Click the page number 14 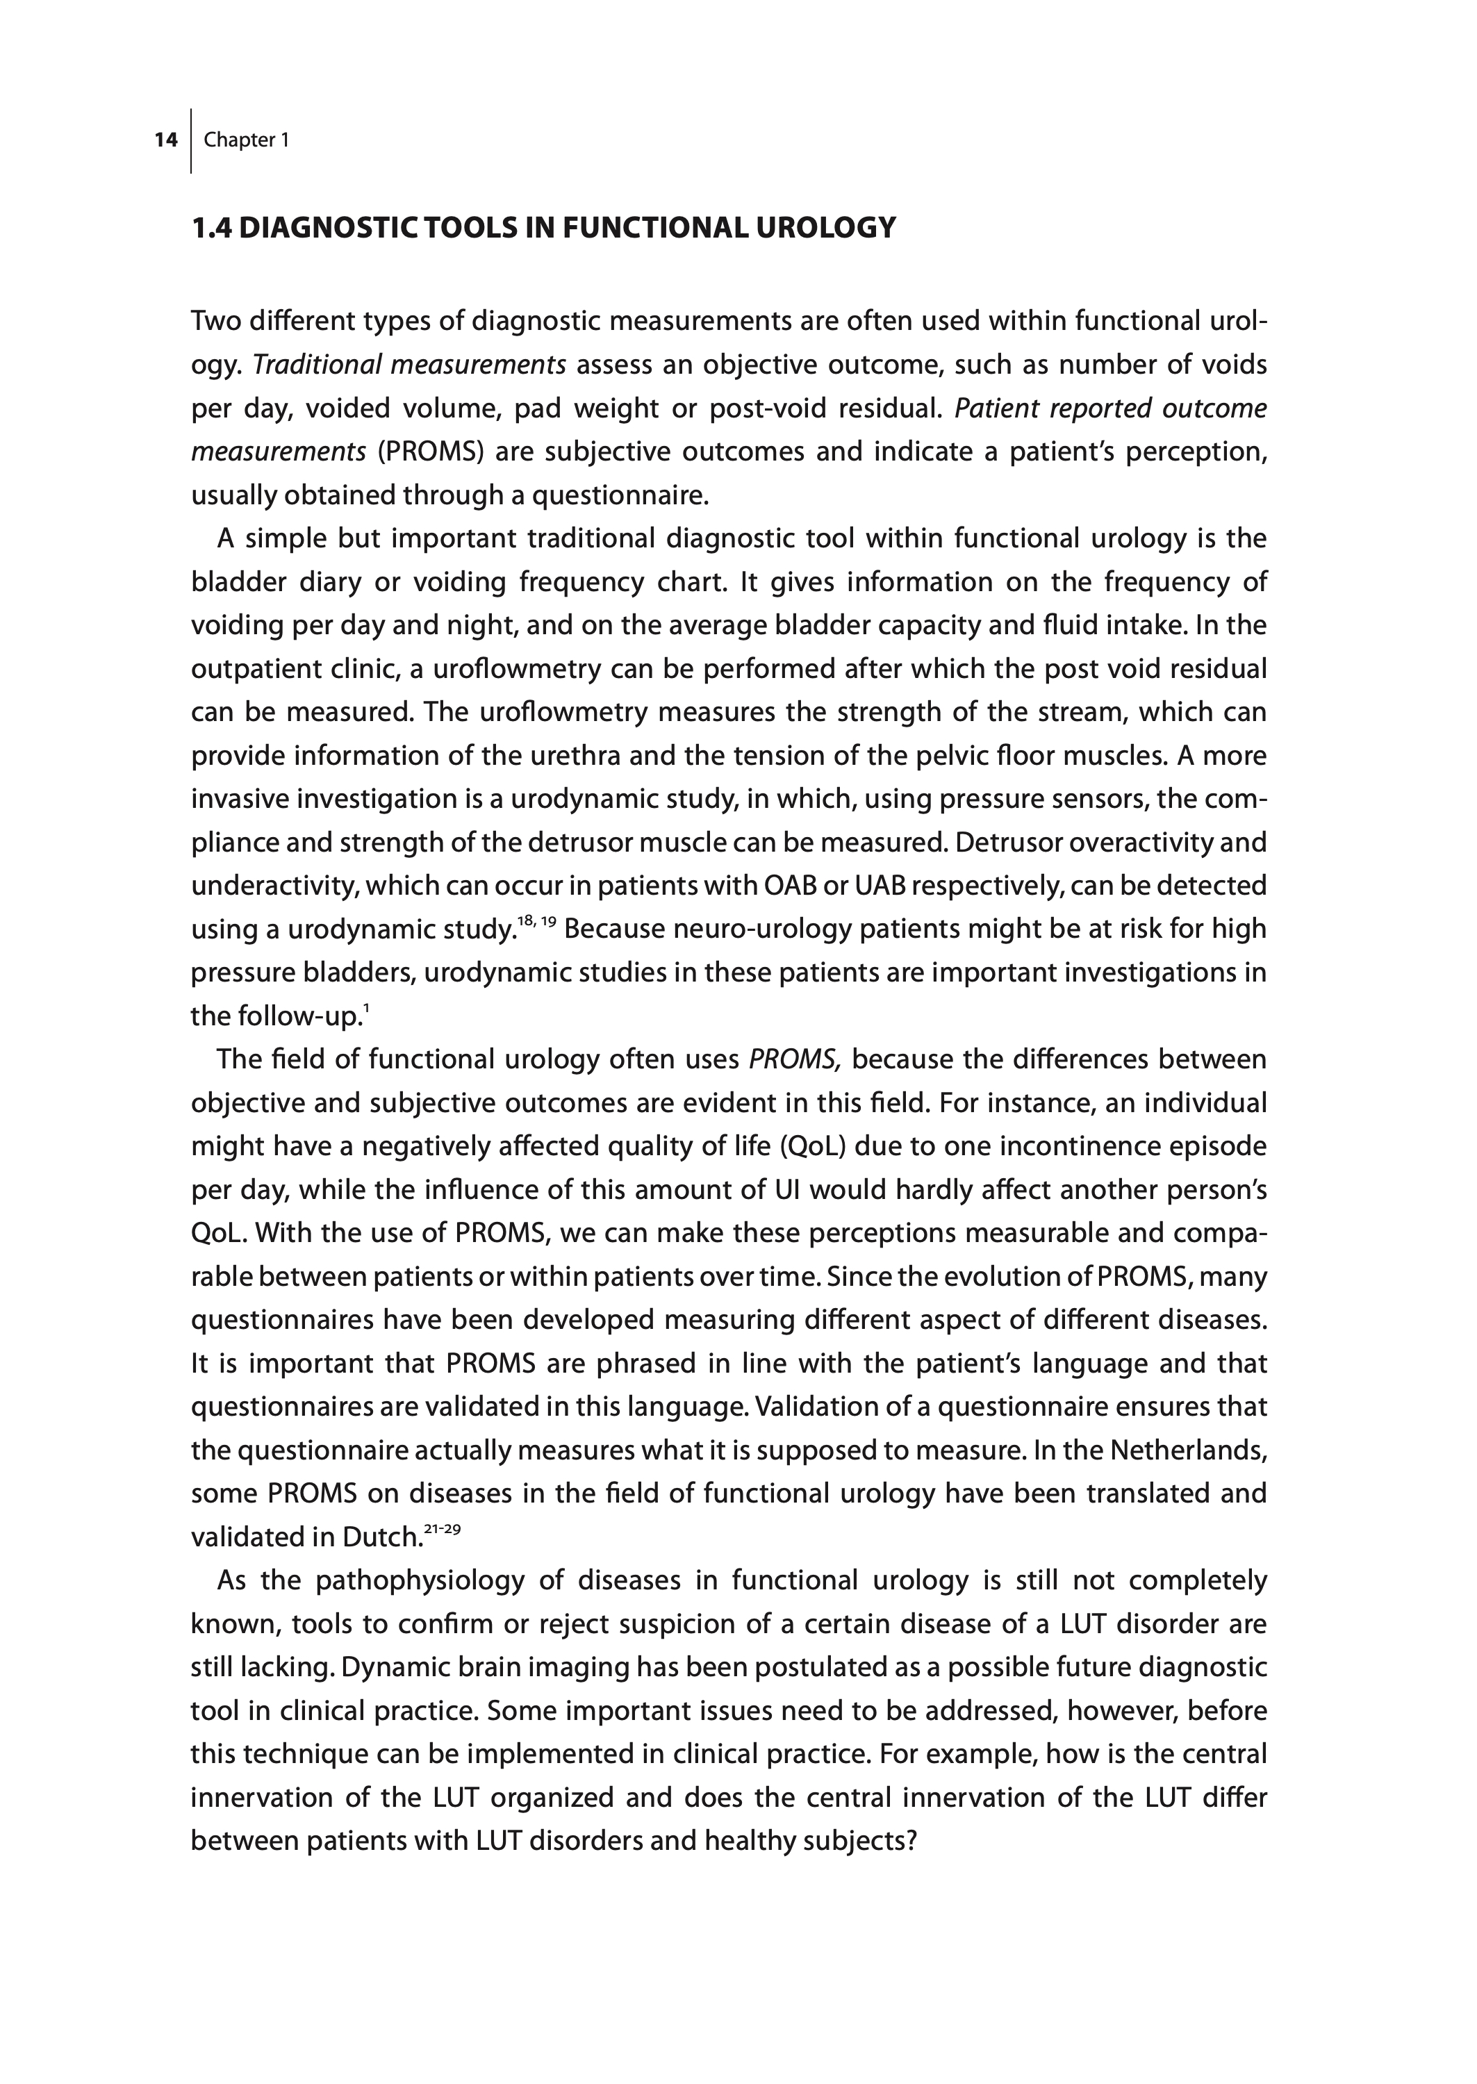tap(165, 140)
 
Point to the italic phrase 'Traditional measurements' tap(409, 365)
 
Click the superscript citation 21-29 tap(443, 1530)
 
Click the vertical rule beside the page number tap(191, 141)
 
